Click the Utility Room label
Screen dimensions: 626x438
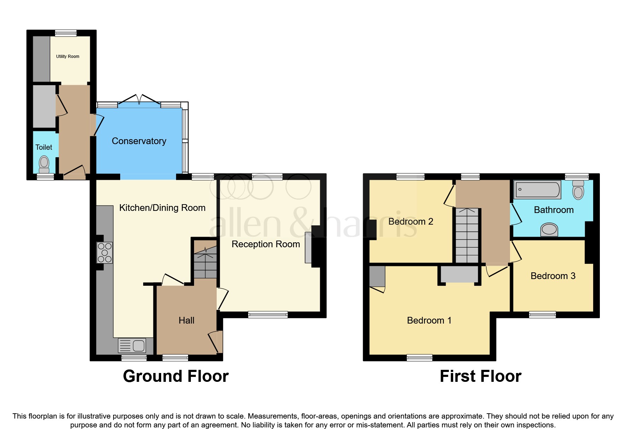click(x=68, y=57)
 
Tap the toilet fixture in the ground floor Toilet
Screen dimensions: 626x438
click(x=44, y=164)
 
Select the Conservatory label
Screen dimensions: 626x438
click(x=139, y=141)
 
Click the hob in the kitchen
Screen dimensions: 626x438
click(x=105, y=253)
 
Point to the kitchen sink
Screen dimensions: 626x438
click(x=132, y=345)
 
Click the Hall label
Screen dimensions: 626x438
click(x=186, y=320)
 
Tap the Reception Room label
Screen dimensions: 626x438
click(x=266, y=244)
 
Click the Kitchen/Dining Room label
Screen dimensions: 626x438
click(x=162, y=208)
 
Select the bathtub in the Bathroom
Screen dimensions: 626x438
click(x=537, y=190)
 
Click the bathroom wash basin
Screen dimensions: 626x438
click(x=549, y=230)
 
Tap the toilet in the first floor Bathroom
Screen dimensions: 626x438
click(x=578, y=190)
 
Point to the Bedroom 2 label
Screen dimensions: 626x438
click(x=411, y=221)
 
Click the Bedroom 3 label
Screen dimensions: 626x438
click(x=553, y=276)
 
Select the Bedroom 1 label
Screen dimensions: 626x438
click(x=429, y=320)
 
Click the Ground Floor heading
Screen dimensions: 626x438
click(x=176, y=376)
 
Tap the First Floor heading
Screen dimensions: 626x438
click(x=480, y=376)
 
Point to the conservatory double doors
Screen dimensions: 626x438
click(x=139, y=100)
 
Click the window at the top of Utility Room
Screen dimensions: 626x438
click(x=66, y=33)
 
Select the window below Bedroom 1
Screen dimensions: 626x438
click(x=420, y=357)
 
